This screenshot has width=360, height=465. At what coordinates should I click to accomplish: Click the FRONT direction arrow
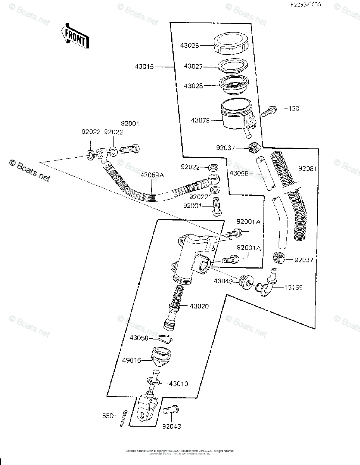point(75,36)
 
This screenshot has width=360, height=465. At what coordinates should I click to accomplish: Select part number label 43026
point(189,45)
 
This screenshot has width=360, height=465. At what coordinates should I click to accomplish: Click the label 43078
point(200,121)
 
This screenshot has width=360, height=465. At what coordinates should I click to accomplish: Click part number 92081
point(308,169)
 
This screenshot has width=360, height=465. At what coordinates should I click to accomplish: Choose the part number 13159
point(294,288)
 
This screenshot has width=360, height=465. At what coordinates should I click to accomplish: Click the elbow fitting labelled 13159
point(268,285)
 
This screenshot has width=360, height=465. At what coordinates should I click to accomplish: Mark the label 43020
point(199,306)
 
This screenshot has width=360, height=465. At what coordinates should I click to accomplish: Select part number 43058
point(139,338)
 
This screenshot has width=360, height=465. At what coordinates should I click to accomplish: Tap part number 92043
point(171,427)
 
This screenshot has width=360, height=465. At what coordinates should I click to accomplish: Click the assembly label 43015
point(145,67)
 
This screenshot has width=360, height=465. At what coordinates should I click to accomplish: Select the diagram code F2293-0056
point(307,5)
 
